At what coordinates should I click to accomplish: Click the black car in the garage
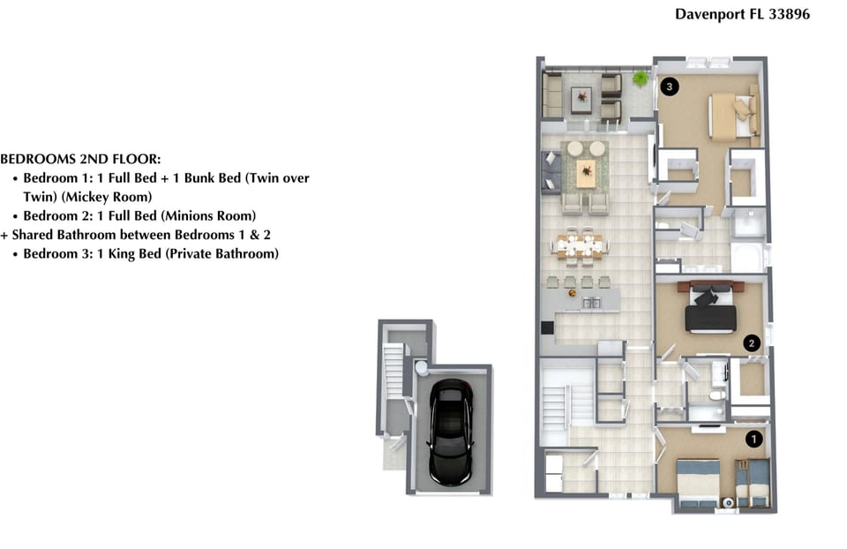451,432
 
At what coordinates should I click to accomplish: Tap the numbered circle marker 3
670,86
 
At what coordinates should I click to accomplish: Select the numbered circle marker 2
752,342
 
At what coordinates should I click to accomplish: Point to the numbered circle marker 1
754,439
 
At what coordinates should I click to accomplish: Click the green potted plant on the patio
641,79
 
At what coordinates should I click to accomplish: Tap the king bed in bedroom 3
732,116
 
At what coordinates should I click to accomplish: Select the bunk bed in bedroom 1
753,483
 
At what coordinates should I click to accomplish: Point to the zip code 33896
789,14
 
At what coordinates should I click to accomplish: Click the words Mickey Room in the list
107,197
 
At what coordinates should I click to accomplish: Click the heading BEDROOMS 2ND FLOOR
80,159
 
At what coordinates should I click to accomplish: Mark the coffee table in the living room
586,172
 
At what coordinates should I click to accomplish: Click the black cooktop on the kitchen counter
547,327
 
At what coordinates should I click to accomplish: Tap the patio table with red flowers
581,99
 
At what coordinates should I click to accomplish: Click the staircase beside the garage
394,372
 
